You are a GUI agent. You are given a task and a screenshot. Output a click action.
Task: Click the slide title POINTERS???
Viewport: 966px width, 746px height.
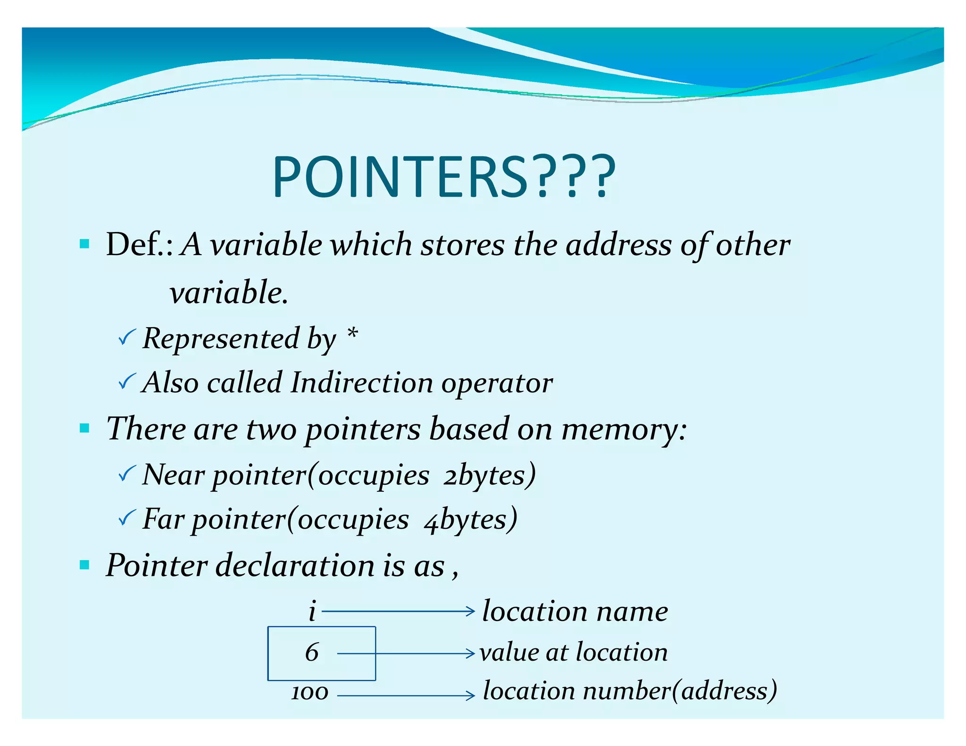pos(443,177)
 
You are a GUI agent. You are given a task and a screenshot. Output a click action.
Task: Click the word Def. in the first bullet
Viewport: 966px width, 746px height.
pos(139,245)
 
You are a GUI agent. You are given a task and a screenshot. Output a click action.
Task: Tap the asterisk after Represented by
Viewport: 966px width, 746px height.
pos(352,335)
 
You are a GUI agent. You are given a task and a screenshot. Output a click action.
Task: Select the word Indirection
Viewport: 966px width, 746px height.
pos(361,382)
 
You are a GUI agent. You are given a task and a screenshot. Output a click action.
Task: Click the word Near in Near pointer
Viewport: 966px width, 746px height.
pos(173,474)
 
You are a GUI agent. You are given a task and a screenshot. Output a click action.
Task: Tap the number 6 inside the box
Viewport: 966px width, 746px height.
pos(312,653)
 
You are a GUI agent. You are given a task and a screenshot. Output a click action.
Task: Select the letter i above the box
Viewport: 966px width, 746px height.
pos(312,611)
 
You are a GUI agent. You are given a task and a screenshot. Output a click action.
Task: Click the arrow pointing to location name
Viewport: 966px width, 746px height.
pos(398,611)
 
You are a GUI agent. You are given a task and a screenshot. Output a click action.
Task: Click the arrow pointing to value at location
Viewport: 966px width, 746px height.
pos(406,654)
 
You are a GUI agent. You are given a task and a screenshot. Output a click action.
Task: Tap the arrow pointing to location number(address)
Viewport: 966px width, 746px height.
pos(406,695)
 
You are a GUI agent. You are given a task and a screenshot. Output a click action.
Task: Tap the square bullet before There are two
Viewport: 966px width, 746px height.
pos(85,428)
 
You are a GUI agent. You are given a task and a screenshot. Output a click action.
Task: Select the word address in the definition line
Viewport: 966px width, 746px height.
pos(618,245)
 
